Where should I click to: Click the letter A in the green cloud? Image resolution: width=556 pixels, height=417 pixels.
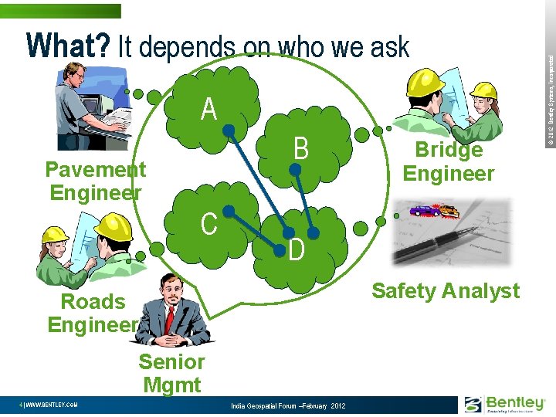coord(208,110)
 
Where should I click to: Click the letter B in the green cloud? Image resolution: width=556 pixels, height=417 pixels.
coord(300,148)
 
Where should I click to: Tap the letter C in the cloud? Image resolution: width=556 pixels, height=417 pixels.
coord(208,223)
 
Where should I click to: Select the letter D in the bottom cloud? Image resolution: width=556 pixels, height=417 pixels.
coord(297,250)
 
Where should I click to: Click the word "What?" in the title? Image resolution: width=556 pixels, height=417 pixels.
coord(68,47)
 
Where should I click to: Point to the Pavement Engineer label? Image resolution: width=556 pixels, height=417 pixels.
coord(95,181)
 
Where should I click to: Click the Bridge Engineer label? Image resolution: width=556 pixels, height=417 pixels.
coord(449,161)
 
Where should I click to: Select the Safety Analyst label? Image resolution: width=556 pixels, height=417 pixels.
coord(446,291)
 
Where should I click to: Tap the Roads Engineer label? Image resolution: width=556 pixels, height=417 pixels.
coord(93,313)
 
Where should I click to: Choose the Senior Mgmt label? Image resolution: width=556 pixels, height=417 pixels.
coord(171,373)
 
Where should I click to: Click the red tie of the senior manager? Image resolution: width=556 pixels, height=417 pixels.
coord(170,317)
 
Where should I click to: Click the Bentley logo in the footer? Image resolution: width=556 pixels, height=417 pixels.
coord(505,403)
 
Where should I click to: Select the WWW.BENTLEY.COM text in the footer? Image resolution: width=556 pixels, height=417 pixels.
coord(49,405)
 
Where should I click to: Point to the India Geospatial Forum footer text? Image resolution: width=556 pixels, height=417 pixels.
coord(288,406)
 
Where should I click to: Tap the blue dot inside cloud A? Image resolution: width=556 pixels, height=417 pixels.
coord(229,131)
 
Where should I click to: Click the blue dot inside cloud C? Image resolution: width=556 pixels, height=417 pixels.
coord(229,210)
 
